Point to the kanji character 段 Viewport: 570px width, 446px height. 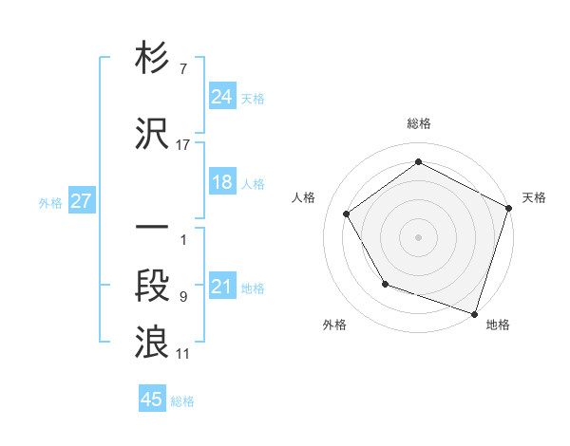152,286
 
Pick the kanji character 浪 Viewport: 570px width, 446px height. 152,343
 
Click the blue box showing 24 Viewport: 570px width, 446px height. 222,96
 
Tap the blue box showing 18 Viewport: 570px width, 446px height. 222,183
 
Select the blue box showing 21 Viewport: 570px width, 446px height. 222,288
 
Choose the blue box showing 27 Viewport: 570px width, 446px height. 81,202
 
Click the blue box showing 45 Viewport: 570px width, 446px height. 152,400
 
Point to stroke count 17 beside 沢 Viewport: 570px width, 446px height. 183,144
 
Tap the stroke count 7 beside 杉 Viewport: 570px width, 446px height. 182,69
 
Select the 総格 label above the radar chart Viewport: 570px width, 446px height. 419,124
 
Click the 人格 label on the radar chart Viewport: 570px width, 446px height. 304,197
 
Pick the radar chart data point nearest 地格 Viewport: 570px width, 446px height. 474,312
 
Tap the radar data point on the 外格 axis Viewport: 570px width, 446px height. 385,284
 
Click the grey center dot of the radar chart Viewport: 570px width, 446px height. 419,236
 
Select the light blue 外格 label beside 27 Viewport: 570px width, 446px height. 50,202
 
